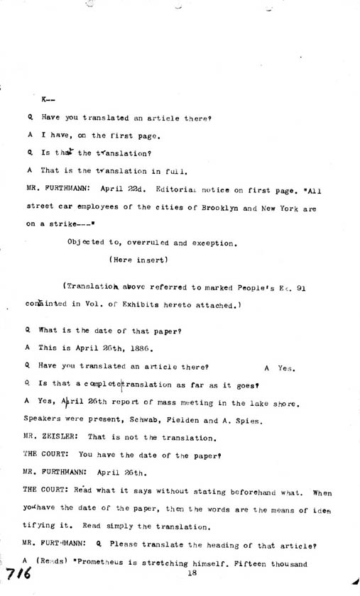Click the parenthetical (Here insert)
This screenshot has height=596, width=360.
(x=139, y=260)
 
